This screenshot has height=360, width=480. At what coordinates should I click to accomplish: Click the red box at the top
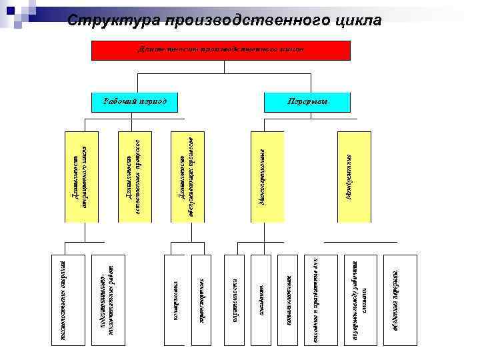coord(220,50)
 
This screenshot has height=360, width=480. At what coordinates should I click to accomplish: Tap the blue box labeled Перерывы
coord(307,101)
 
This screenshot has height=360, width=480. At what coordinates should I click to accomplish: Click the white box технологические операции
coord(69,299)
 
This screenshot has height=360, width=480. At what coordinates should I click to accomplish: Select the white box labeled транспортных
coord(205,299)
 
